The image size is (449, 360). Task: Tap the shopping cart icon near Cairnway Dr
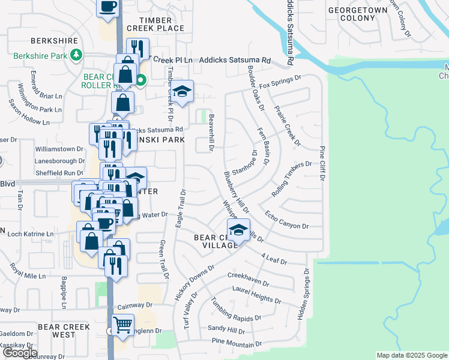point(122,325)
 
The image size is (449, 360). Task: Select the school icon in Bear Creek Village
point(238,230)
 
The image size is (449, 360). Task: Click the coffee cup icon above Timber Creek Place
point(108,7)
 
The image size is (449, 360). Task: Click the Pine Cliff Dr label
point(322,163)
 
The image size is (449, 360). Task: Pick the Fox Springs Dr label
point(282,83)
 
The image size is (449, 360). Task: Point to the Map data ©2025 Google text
point(411,355)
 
